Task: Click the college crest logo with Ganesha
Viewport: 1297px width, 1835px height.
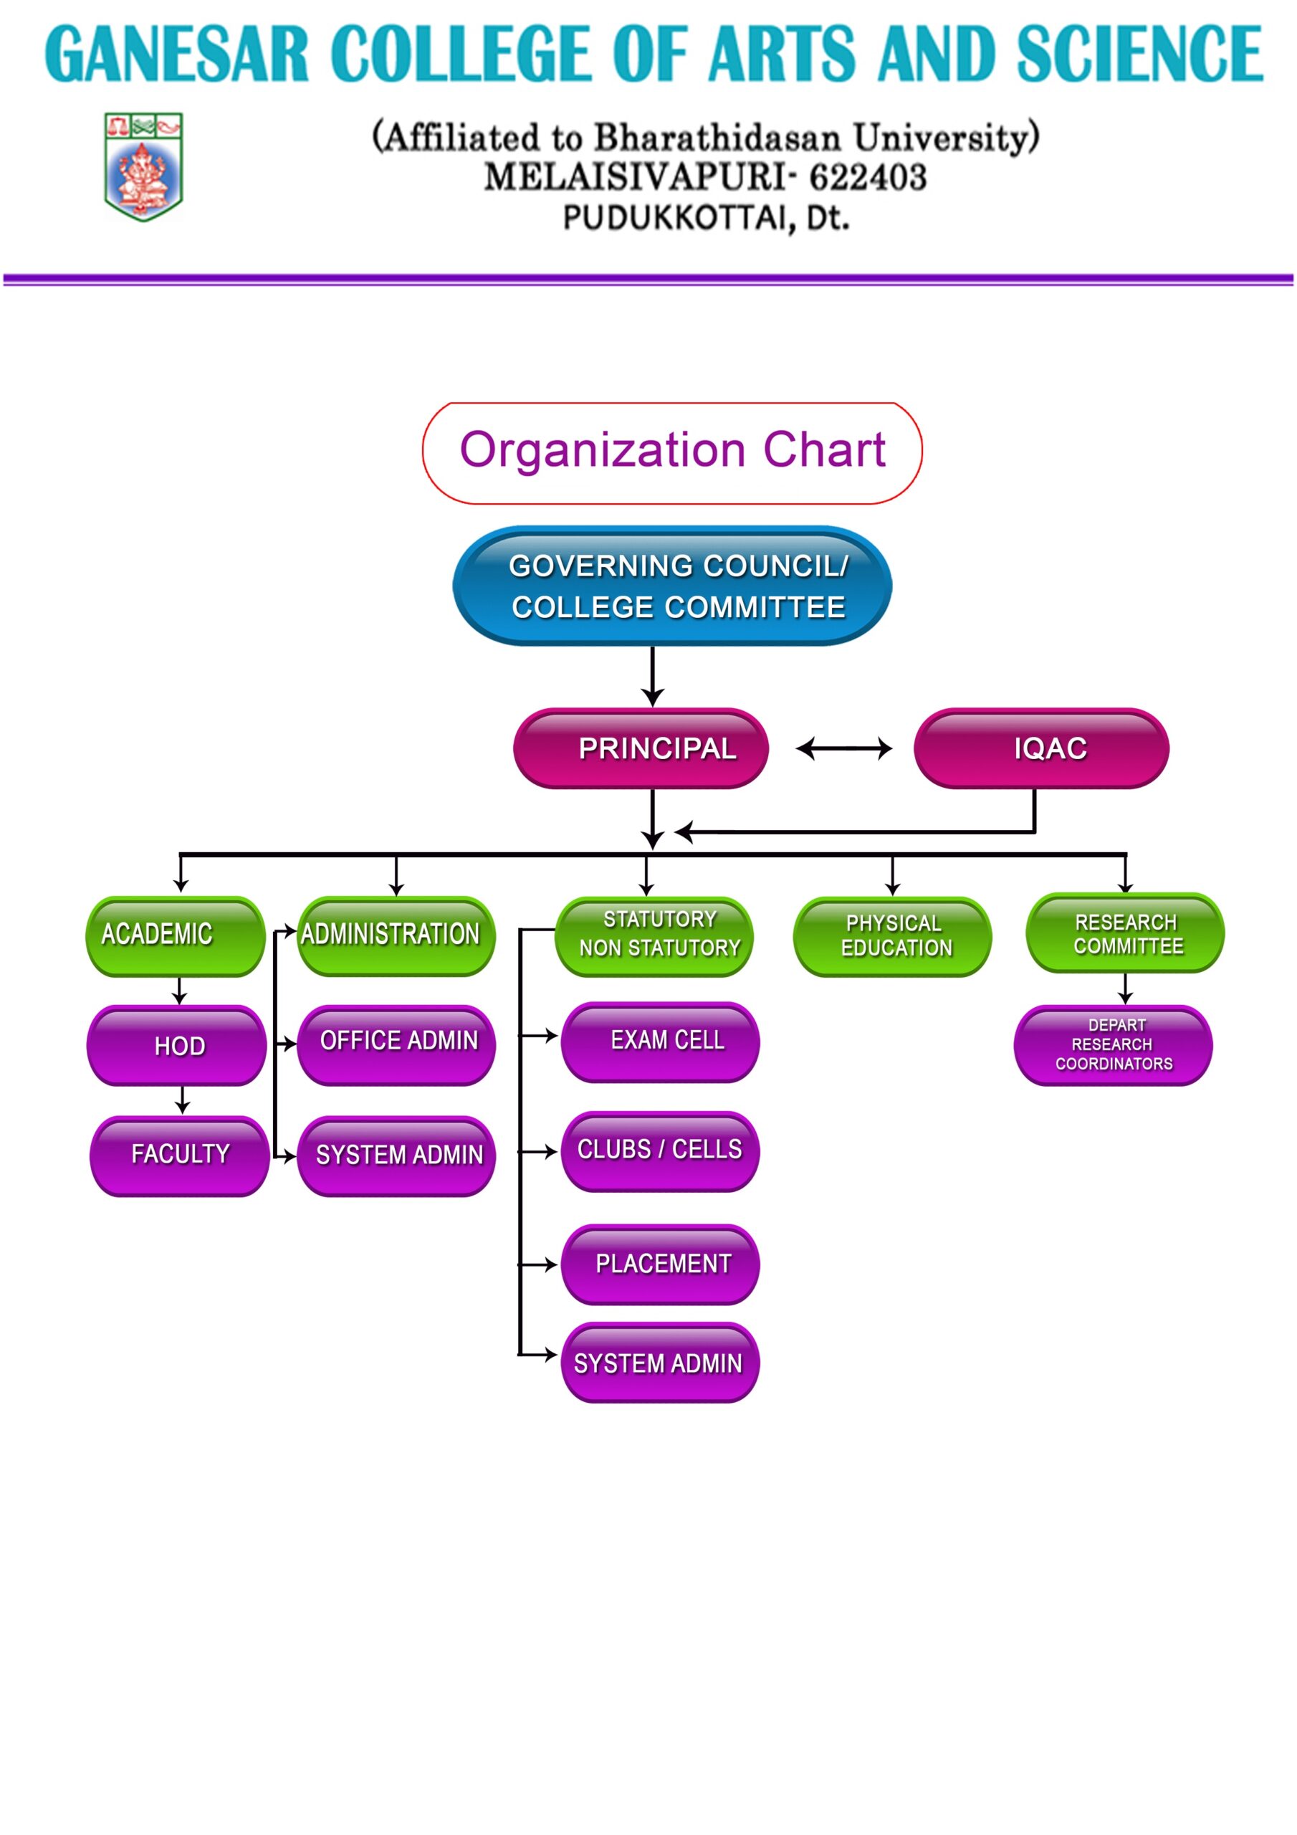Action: click(143, 166)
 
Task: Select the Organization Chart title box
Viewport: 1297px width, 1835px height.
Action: click(672, 453)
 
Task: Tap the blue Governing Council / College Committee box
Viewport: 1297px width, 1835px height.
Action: click(672, 586)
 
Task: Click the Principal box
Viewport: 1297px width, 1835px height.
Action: click(641, 748)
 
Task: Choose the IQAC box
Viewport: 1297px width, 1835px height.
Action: click(1041, 748)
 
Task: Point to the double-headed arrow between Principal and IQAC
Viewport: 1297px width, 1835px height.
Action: click(844, 748)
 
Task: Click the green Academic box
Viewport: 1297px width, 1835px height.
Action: click(175, 936)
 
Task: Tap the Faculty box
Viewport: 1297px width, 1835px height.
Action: click(179, 1155)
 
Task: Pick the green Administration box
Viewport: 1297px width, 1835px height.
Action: click(396, 936)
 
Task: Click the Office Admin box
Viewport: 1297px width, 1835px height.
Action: click(396, 1044)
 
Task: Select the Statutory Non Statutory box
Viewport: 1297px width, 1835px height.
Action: click(654, 937)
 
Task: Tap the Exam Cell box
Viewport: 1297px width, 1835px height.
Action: click(660, 1042)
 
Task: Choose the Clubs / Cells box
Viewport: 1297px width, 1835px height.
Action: click(660, 1152)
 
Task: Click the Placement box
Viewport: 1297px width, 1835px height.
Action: click(660, 1264)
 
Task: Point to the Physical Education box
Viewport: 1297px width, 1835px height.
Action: click(893, 937)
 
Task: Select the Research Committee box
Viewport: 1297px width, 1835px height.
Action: click(1125, 933)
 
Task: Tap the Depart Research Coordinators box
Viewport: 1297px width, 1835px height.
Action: click(1113, 1045)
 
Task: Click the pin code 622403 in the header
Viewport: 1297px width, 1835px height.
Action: click(868, 178)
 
